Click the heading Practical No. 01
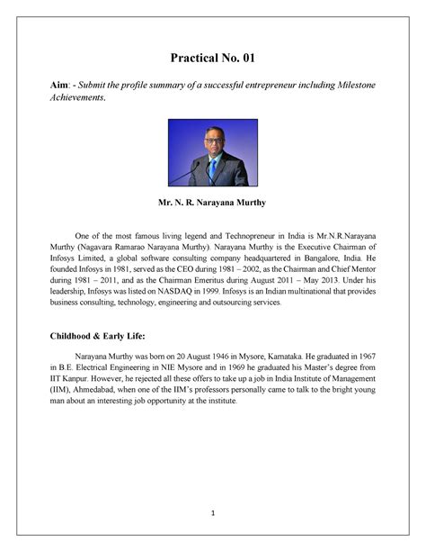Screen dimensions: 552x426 213,59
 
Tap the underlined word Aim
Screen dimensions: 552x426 58,84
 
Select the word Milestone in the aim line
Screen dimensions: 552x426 351,84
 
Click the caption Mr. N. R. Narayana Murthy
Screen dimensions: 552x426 213,204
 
